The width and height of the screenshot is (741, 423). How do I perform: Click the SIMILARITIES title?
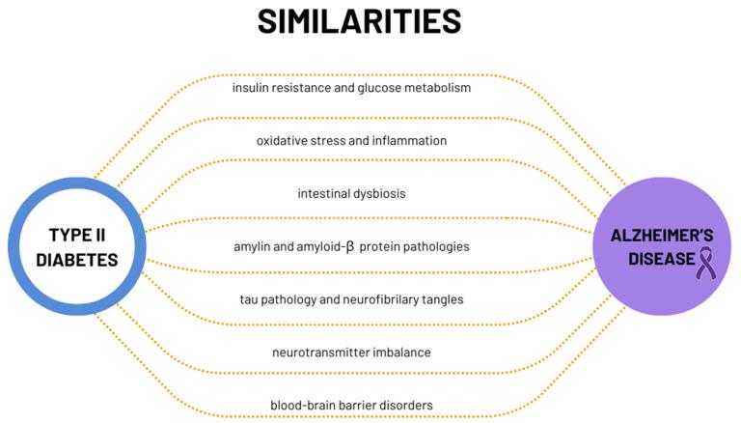click(x=359, y=21)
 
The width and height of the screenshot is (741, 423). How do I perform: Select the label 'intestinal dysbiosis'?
click(x=350, y=193)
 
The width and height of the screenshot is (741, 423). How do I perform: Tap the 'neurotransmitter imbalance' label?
click(x=351, y=352)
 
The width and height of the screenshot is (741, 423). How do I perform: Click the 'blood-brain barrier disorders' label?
click(x=351, y=405)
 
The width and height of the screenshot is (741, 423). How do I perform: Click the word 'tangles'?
click(x=442, y=299)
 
